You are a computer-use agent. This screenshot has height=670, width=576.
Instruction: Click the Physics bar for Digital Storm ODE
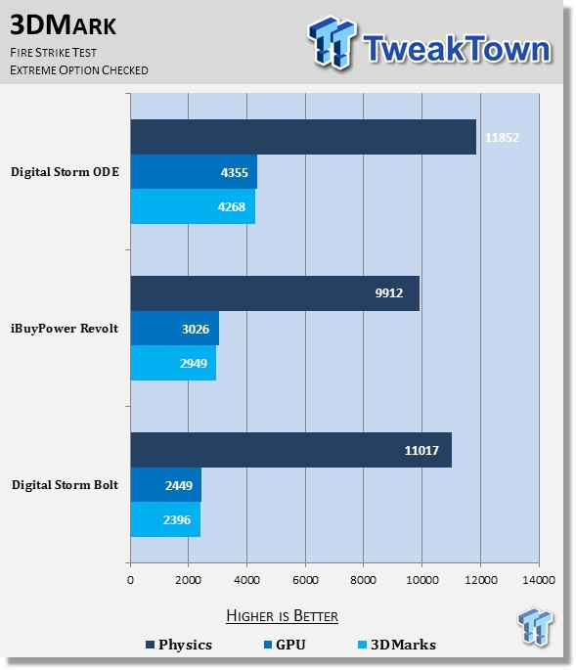[303, 137]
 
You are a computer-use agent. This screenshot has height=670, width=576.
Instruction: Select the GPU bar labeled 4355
[194, 172]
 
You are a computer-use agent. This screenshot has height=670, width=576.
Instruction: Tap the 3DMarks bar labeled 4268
[193, 206]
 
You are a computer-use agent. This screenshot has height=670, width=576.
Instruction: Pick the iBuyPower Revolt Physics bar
[275, 293]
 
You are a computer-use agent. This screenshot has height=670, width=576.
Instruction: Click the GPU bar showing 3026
[175, 329]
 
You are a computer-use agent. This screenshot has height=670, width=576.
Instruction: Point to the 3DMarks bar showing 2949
[173, 363]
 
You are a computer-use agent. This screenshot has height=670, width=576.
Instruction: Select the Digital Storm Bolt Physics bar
[291, 450]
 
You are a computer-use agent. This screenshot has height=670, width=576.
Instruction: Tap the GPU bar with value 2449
[166, 485]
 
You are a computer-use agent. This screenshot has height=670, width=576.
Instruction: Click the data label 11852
[502, 138]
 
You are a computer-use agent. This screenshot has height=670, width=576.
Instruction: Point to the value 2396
[177, 520]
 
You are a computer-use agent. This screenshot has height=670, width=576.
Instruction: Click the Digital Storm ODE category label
[65, 172]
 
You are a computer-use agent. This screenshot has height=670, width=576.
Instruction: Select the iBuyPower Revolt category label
[65, 329]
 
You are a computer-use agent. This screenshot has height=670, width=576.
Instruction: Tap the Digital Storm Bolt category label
[65, 485]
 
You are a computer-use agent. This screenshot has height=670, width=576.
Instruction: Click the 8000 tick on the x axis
[363, 580]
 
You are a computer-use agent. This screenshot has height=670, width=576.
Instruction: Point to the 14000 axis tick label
[539, 580]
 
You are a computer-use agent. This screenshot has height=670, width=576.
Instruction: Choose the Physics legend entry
[179, 645]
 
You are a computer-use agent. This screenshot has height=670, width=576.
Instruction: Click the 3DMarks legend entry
[397, 645]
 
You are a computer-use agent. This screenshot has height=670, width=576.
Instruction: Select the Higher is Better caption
[282, 616]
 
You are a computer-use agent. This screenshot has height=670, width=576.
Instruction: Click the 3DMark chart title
[63, 24]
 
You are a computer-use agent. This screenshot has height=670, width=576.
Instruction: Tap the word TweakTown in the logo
[457, 48]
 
